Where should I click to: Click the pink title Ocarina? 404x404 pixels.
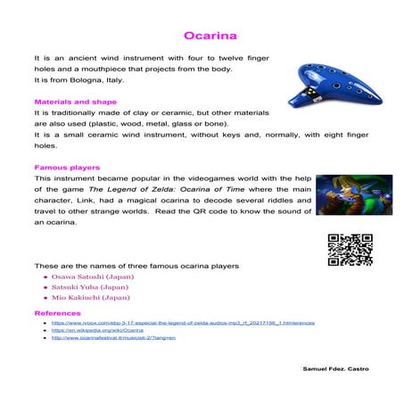(210, 37)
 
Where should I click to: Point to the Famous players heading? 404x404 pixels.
(67, 167)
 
